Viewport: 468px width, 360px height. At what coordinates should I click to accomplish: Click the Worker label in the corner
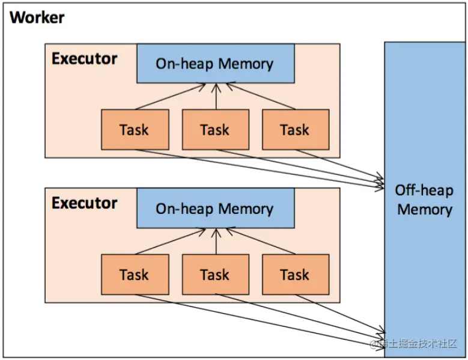37,17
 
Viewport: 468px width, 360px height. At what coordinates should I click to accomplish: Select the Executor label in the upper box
84,58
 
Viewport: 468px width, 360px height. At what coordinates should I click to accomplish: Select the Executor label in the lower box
84,203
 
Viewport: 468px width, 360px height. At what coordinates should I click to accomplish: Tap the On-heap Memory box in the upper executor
215,63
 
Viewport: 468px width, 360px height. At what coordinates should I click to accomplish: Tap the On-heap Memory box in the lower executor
215,209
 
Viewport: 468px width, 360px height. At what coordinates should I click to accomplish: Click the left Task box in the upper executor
134,129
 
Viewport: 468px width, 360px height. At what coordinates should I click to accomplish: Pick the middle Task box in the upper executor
215,129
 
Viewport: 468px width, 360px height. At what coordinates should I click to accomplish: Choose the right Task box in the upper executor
295,129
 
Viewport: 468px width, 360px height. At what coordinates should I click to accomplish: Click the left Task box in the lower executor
134,275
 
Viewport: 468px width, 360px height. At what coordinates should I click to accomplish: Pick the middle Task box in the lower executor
215,275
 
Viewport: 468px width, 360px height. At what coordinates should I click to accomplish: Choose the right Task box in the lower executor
295,275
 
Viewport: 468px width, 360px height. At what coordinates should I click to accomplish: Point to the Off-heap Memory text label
424,200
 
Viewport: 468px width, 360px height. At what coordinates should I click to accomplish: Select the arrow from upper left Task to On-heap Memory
171,97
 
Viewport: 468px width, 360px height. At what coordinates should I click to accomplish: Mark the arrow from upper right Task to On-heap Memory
260,97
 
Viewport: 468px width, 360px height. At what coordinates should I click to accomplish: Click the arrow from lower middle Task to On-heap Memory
215,242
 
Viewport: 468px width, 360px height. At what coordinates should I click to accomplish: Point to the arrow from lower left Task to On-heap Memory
171,242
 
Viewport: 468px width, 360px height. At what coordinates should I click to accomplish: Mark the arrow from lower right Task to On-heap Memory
260,242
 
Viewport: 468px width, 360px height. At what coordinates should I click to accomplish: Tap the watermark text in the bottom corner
415,344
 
